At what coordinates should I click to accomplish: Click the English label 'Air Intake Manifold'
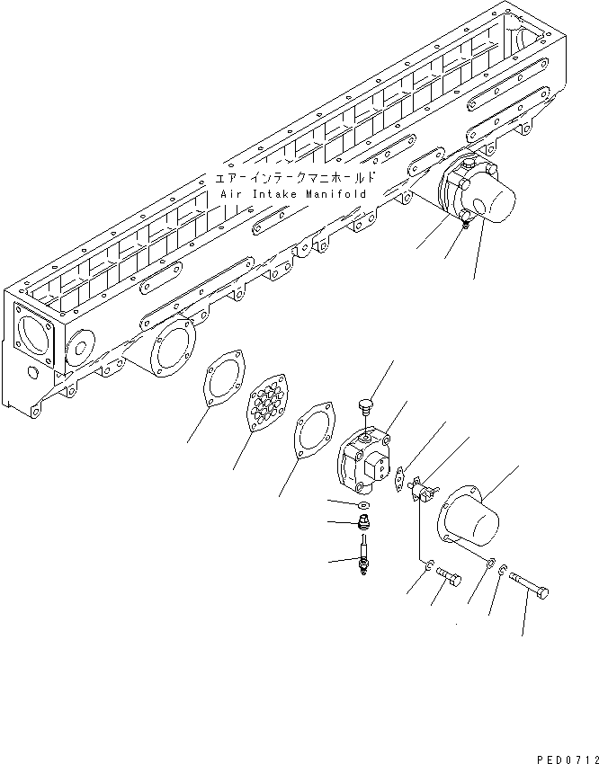(x=292, y=194)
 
